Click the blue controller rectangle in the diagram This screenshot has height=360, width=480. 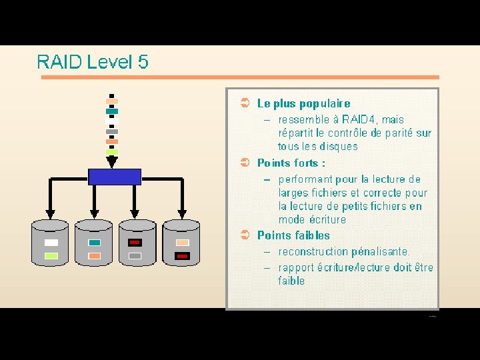(x=115, y=177)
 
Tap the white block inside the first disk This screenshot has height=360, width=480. (x=51, y=243)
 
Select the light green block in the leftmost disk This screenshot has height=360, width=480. (x=51, y=256)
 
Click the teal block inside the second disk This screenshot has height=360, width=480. (x=94, y=243)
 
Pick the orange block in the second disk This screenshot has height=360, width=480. (x=94, y=256)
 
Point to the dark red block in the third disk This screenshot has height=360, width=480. (x=135, y=243)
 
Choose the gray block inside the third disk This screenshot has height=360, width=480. (x=135, y=256)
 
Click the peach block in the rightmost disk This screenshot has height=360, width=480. (x=182, y=243)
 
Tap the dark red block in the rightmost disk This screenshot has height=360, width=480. (x=182, y=256)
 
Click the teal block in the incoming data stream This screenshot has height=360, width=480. (x=112, y=111)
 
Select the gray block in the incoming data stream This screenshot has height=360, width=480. (x=112, y=131)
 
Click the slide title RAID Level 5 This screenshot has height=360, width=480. (x=93, y=62)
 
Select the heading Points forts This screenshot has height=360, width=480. (x=291, y=163)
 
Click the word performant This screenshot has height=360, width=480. (x=305, y=179)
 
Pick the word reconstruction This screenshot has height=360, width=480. (x=311, y=252)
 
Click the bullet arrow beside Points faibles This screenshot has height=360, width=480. (x=245, y=235)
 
